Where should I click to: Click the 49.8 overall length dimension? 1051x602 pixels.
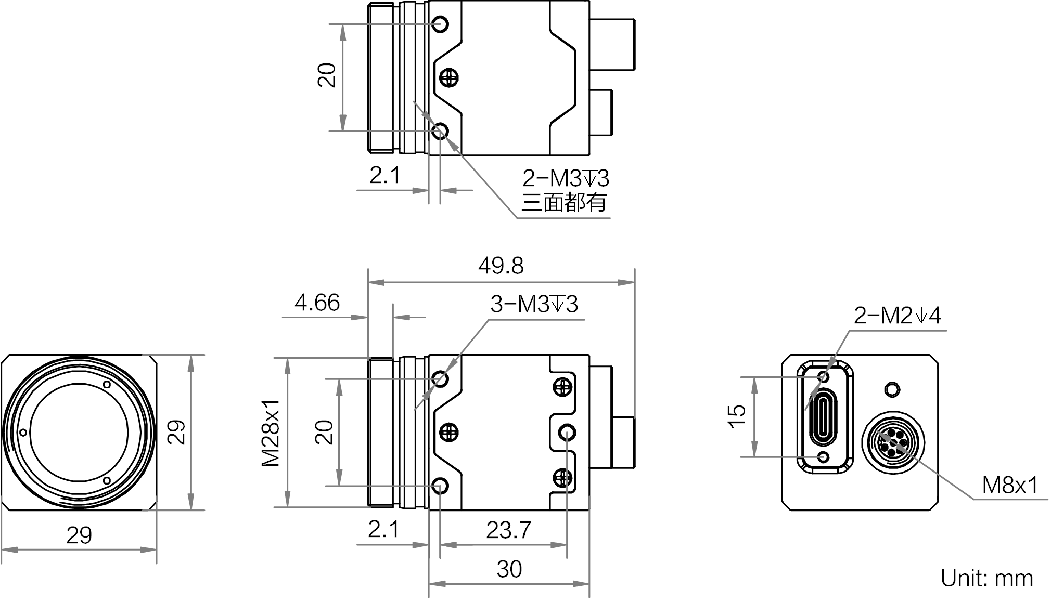501,266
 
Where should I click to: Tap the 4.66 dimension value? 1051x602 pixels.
317,303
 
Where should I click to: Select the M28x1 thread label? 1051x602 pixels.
271,433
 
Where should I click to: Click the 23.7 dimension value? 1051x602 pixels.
508,530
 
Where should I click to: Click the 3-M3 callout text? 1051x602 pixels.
534,304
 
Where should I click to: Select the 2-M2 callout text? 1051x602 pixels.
898,316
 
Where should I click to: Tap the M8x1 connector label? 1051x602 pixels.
1010,486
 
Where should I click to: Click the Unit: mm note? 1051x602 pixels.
987,578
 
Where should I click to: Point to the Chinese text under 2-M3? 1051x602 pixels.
564,202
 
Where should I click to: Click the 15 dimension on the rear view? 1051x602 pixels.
737,416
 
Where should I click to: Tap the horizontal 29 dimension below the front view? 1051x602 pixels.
79,535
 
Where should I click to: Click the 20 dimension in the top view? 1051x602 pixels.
327,75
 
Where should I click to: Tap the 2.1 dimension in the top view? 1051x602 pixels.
385,176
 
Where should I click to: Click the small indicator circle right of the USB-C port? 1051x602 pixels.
892,389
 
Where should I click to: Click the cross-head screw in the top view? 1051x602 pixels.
448,78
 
